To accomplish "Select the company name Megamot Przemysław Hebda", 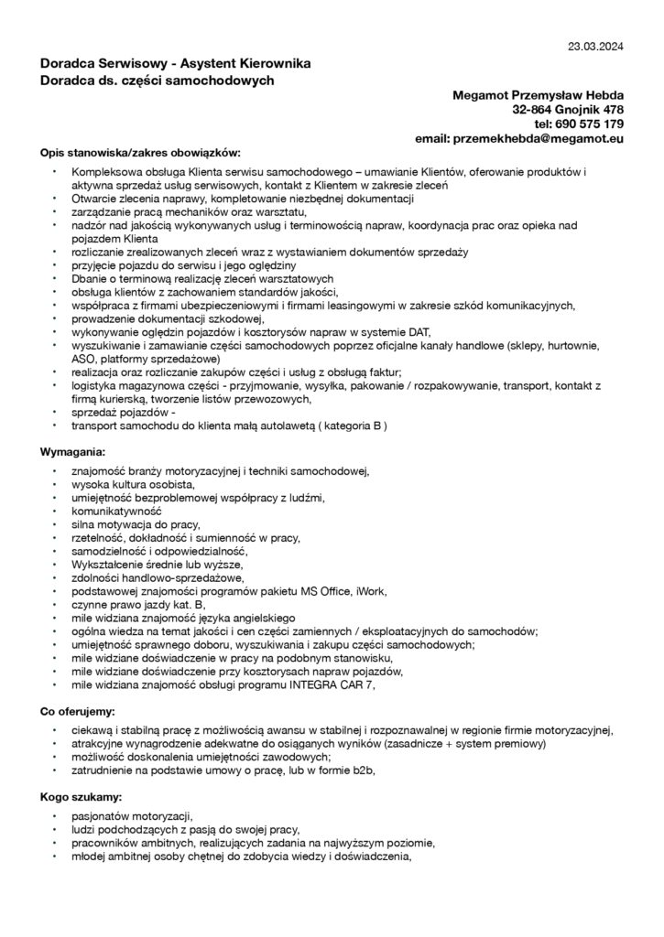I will [x=539, y=96].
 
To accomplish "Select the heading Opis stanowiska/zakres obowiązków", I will [x=140, y=152].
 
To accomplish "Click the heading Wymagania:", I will [x=73, y=451].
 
